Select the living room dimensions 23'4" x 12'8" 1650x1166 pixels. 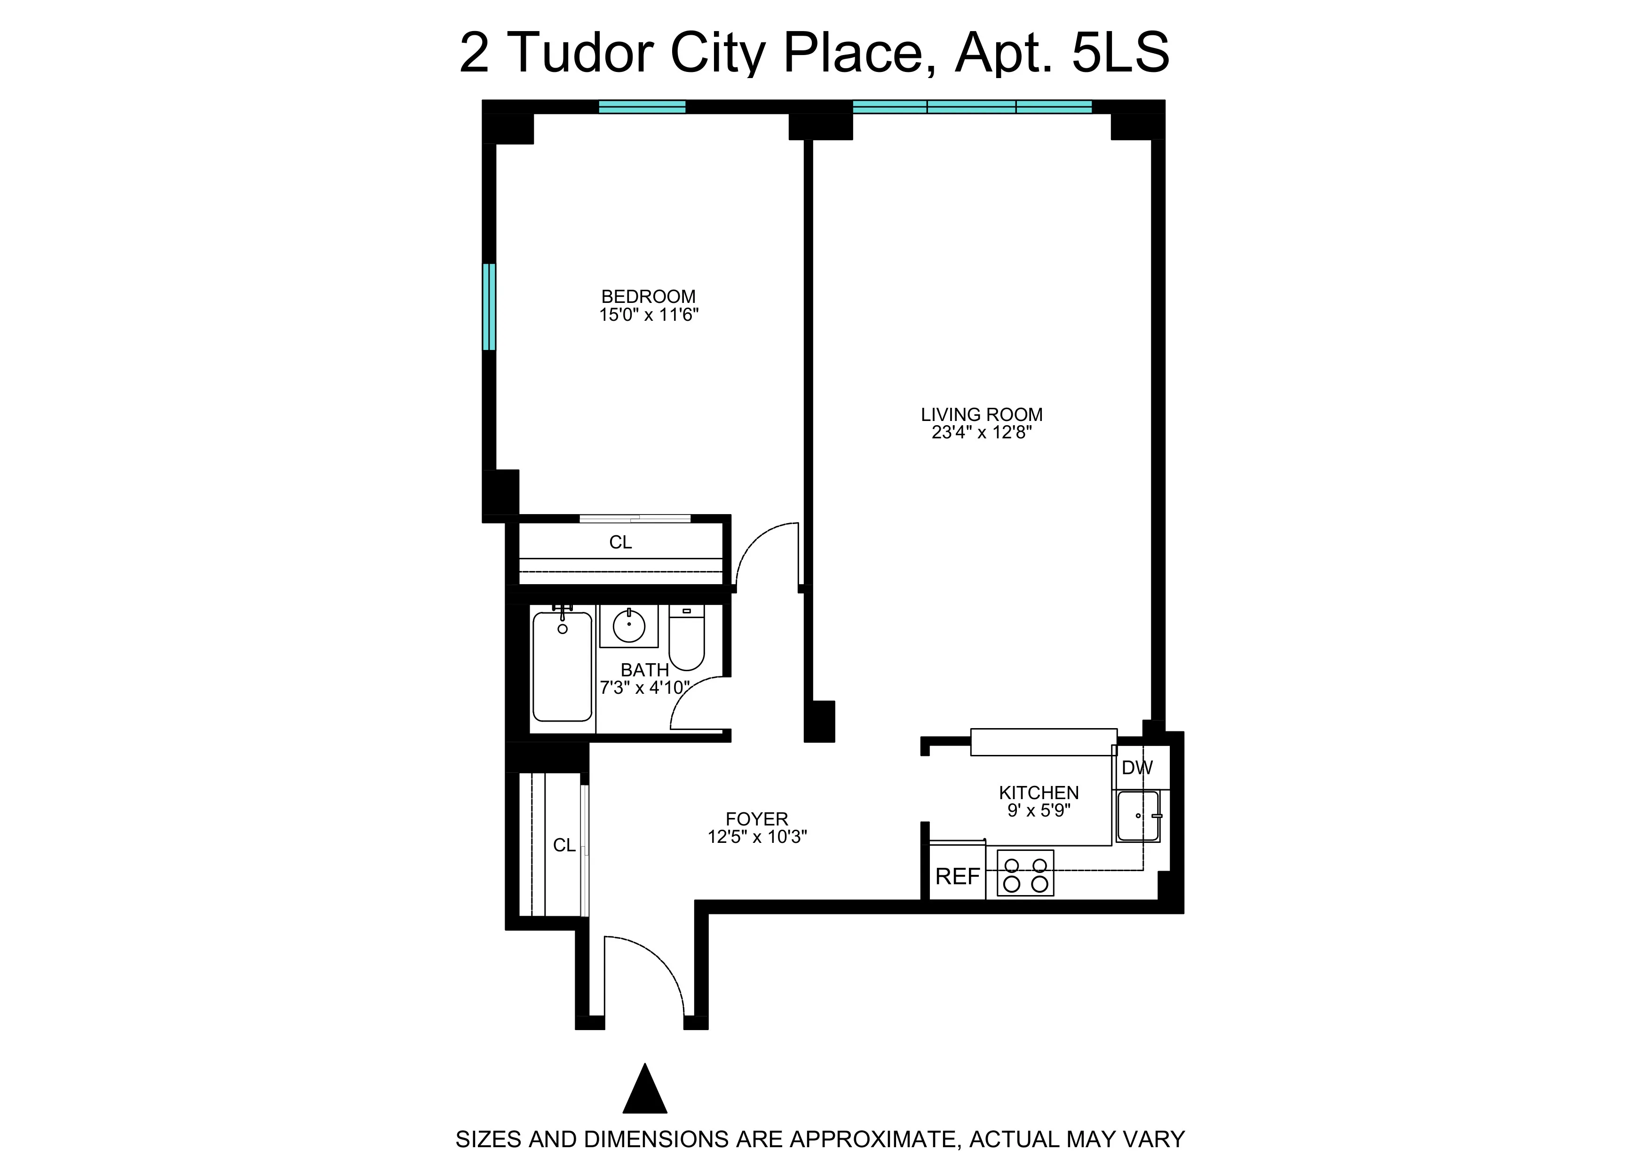[981, 433]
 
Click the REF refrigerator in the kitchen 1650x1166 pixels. [957, 876]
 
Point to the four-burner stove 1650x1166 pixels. [1025, 873]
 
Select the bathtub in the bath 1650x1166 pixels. [562, 666]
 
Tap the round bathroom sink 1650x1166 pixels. [629, 626]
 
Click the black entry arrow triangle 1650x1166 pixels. [645, 1090]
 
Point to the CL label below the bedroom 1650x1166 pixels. [620, 542]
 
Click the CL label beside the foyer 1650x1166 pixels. [564, 846]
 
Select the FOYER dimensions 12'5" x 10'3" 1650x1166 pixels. [757, 837]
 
